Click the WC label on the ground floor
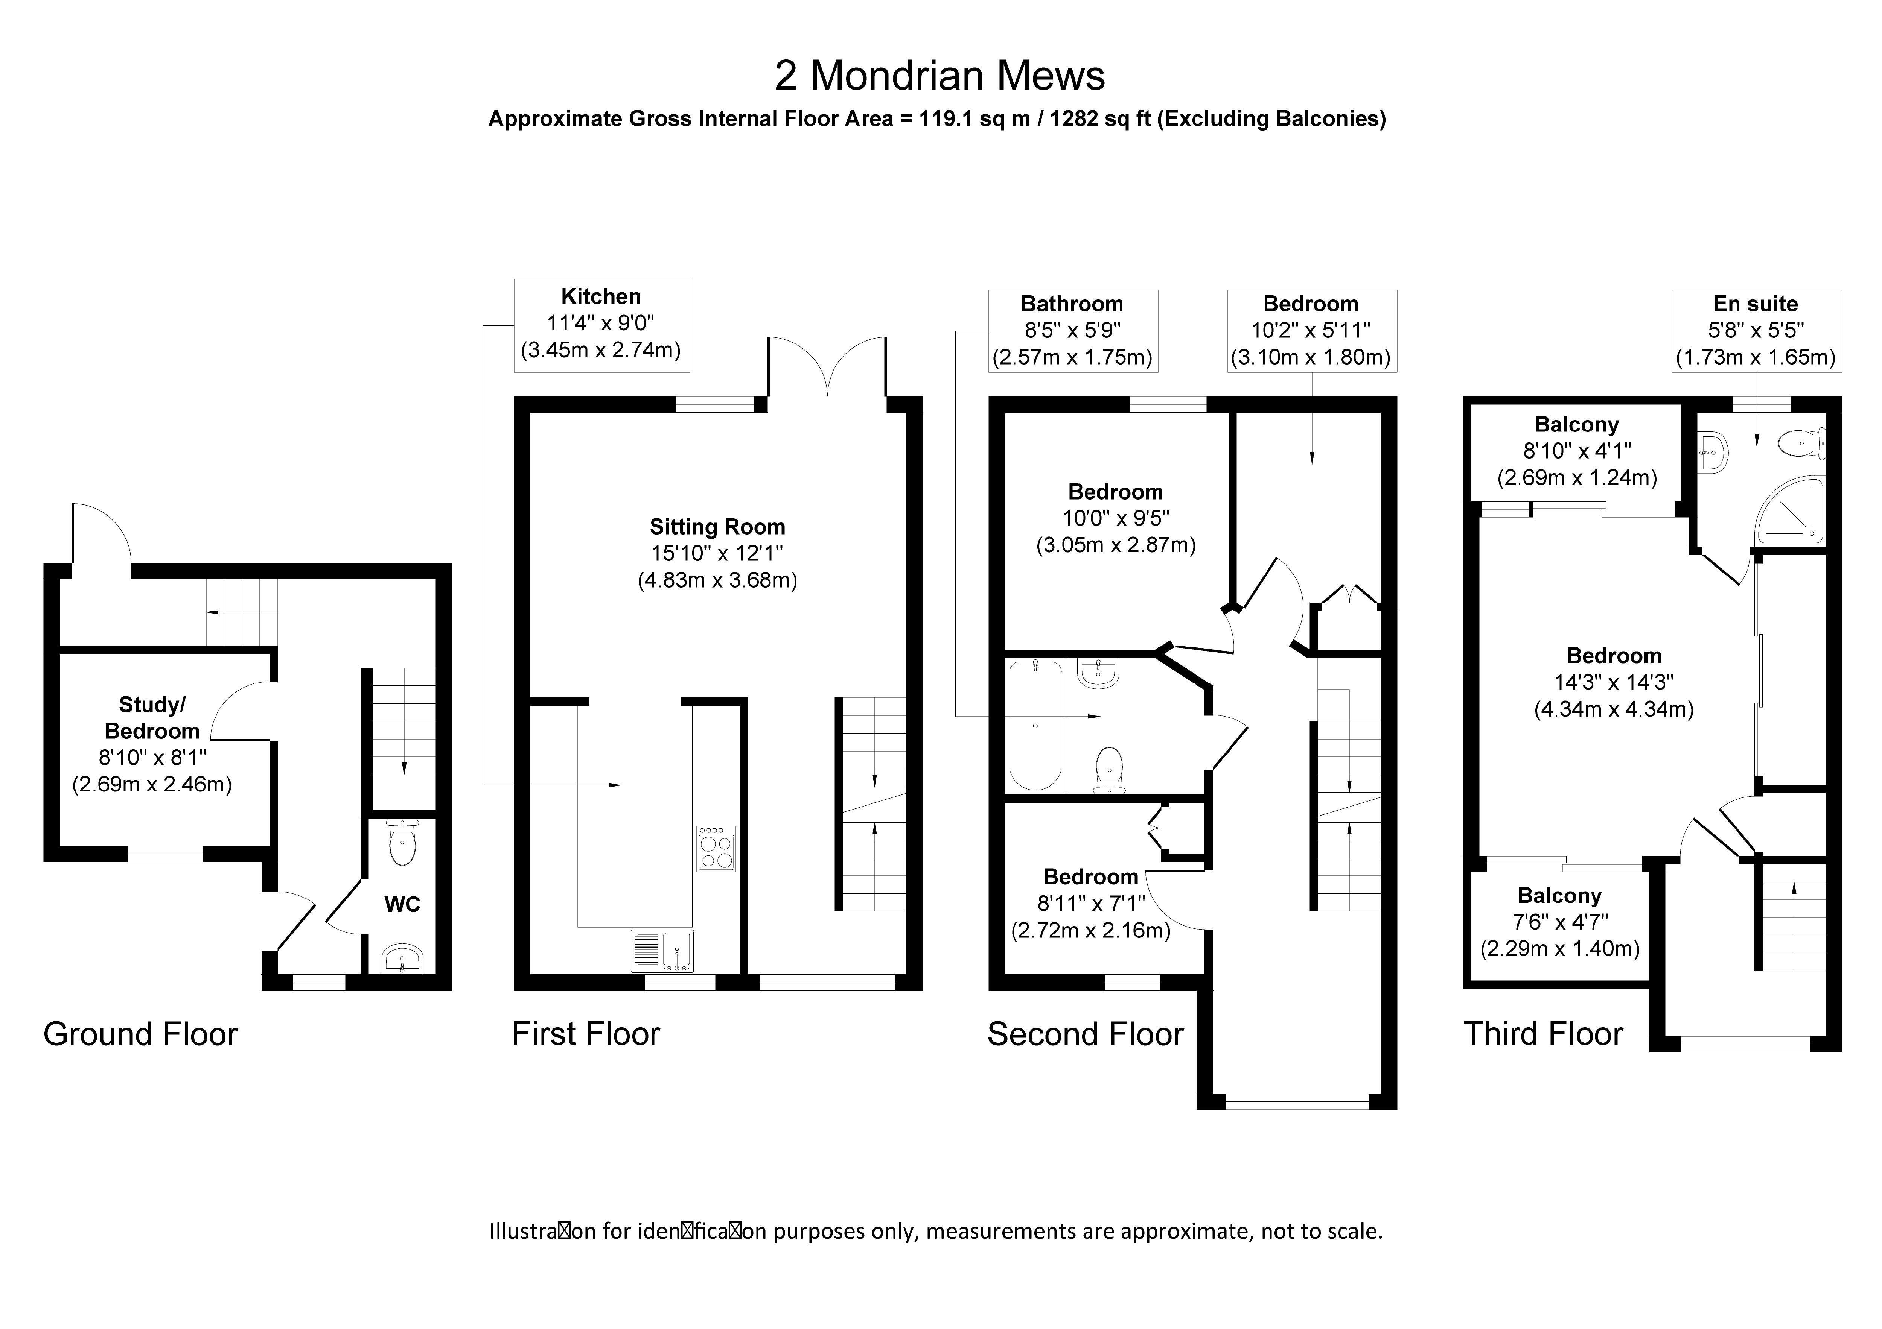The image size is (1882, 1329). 402,905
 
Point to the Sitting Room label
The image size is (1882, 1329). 717,527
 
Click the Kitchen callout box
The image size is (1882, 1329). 601,325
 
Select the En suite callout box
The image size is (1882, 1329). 1756,331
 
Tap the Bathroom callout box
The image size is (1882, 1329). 1073,331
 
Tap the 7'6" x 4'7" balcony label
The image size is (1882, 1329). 1560,922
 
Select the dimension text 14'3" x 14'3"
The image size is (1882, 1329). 1614,682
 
